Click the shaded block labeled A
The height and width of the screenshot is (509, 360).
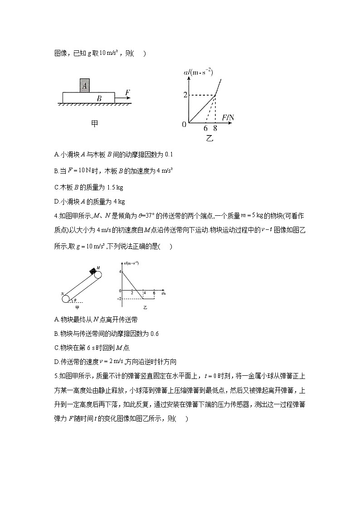click(84, 85)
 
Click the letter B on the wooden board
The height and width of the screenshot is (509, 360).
click(99, 98)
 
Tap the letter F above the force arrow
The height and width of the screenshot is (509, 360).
click(127, 92)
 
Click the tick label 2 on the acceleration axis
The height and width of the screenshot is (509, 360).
click(185, 95)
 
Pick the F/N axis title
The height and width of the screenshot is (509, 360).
click(228, 118)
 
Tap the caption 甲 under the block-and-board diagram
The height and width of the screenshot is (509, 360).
click(94, 123)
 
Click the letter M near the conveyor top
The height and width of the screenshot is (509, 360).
click(98, 268)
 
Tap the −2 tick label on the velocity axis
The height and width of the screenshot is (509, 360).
click(120, 299)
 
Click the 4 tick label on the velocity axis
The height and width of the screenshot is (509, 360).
click(121, 271)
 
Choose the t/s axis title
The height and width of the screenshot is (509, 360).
click(162, 294)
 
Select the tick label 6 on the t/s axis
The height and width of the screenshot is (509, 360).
click(154, 294)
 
